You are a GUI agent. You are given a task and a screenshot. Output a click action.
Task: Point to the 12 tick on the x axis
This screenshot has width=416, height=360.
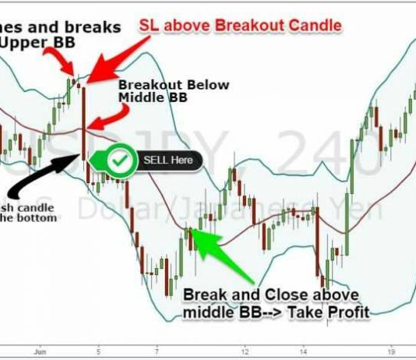245,351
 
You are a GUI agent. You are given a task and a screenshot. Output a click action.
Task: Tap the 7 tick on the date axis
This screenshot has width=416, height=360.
157,351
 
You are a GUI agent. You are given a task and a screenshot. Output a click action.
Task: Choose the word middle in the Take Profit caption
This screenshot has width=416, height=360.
206,313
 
